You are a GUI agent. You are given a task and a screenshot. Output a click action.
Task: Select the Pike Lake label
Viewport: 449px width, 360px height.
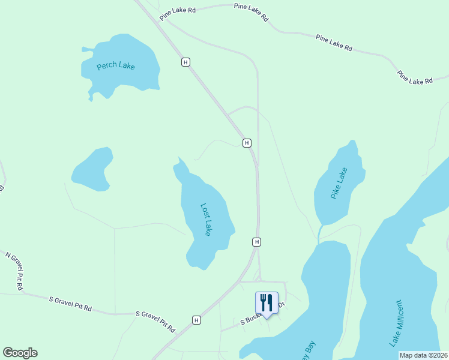click(x=339, y=184)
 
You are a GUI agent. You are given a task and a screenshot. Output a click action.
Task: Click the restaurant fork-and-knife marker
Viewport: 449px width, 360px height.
click(x=267, y=302)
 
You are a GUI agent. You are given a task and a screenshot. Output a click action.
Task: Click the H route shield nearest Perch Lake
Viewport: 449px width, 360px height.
click(x=186, y=62)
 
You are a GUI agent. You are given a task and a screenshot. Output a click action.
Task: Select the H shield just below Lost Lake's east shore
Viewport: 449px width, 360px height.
click(x=256, y=242)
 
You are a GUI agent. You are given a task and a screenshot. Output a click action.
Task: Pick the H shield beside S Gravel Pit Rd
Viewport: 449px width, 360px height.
click(x=196, y=320)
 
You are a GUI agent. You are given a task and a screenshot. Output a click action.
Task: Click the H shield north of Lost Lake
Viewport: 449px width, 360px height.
click(x=247, y=143)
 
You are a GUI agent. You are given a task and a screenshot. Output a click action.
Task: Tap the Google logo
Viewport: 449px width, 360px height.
click(x=20, y=353)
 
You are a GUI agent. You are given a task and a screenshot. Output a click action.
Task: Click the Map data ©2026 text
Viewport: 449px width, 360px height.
click(x=423, y=355)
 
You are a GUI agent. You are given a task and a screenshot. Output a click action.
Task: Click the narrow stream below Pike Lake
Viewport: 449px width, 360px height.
click(x=321, y=233)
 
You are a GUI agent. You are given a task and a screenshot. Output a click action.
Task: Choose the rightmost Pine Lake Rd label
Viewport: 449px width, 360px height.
click(x=415, y=77)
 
